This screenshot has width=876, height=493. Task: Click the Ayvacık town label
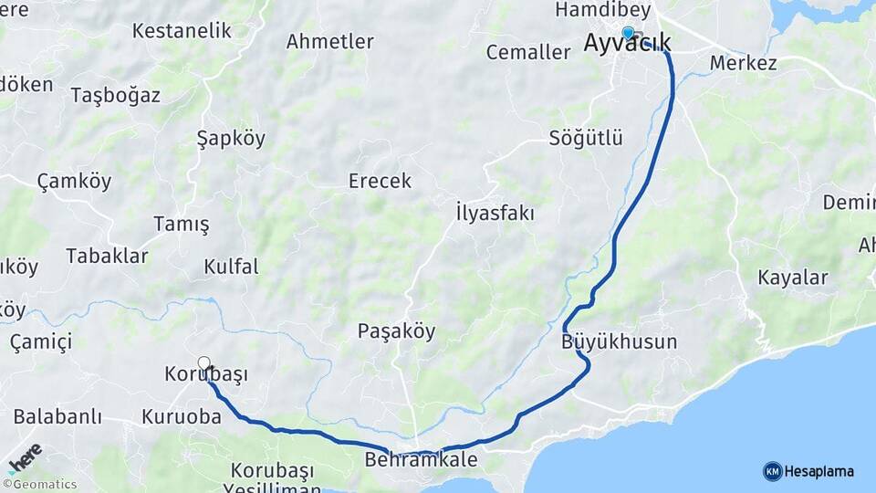point(627,44)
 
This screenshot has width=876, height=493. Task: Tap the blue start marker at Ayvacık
point(628,33)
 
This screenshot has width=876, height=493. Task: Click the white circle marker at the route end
point(204,363)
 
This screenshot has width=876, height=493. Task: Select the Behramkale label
point(421,460)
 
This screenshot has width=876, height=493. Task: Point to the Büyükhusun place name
point(620,342)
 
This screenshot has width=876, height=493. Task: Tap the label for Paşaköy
point(396,331)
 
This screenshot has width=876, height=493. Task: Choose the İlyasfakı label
point(495,214)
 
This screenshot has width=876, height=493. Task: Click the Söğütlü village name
point(586,139)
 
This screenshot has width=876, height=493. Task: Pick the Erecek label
point(380,181)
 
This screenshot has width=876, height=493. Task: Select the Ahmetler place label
point(330,42)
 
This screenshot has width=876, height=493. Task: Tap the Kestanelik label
point(182,31)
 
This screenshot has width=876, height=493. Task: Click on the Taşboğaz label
point(116,96)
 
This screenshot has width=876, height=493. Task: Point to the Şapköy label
point(231,139)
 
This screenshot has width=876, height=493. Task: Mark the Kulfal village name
point(231,267)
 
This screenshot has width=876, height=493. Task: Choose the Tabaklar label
point(107,257)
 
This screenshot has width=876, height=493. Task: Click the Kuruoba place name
point(182,417)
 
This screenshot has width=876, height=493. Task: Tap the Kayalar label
point(793,278)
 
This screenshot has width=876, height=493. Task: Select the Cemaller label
point(528,52)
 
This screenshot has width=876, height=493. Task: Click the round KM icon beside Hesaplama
point(772,471)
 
